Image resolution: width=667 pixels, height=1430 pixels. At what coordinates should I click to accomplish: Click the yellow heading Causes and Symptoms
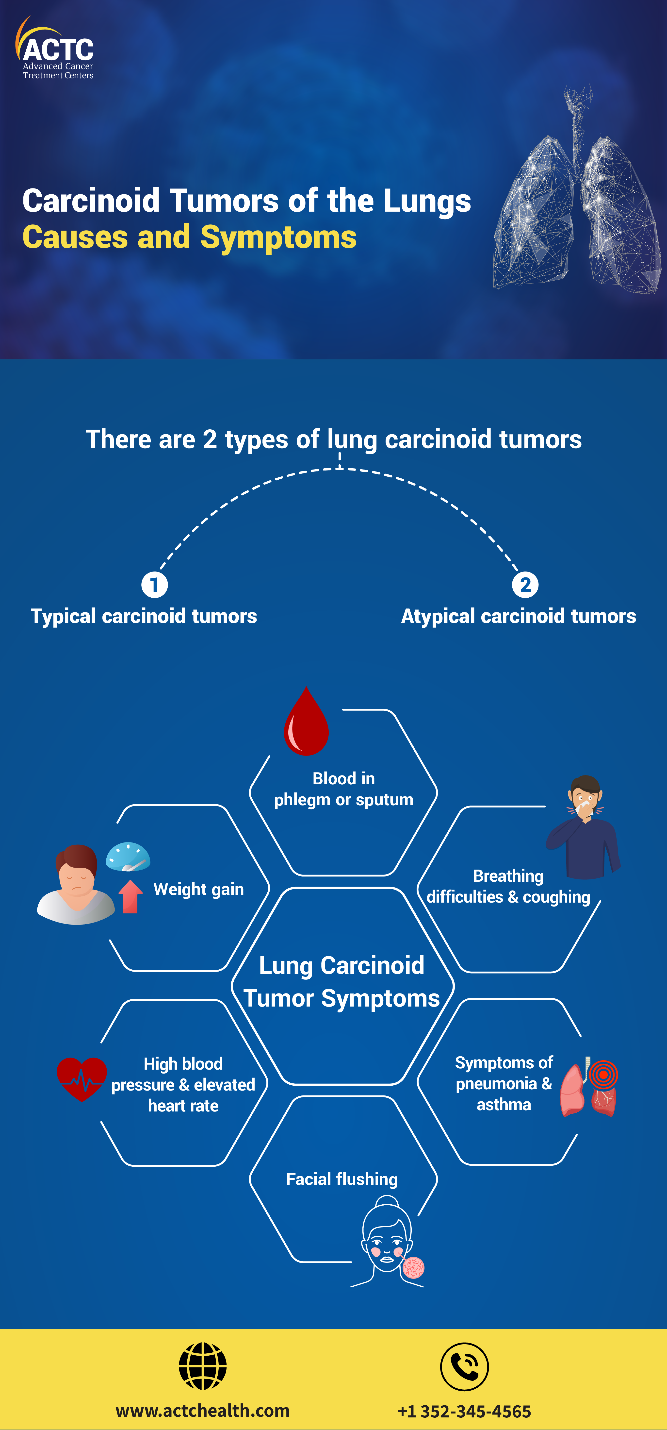click(x=189, y=237)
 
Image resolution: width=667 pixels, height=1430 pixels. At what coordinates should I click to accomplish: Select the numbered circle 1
click(x=154, y=585)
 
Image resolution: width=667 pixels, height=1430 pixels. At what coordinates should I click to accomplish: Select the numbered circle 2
click(x=525, y=585)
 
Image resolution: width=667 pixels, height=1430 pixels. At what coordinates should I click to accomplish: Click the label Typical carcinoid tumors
click(x=144, y=616)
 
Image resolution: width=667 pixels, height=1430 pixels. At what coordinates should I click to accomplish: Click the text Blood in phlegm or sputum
click(x=343, y=789)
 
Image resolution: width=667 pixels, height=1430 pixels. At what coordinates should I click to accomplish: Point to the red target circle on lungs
click(x=603, y=1075)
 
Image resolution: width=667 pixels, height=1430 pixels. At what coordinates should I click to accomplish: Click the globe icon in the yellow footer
click(x=203, y=1366)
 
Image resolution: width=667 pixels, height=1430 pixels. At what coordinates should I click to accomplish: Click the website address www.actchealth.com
click(x=203, y=1411)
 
